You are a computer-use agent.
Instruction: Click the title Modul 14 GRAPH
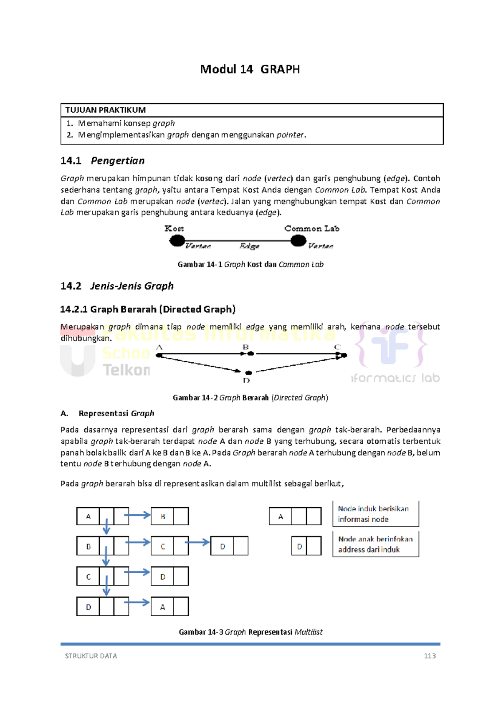coord(250,69)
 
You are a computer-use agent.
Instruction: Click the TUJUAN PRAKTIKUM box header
coord(106,110)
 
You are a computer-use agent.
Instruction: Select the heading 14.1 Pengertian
coord(103,161)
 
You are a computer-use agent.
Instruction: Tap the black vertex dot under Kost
coord(177,240)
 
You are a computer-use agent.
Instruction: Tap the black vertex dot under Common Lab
coord(298,240)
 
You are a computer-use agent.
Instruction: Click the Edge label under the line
coord(249,246)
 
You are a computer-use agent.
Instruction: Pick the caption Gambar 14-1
coord(250,264)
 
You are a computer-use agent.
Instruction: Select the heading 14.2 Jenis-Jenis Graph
coord(117,286)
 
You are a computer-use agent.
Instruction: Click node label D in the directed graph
coord(246,380)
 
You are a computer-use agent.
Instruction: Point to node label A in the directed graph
coord(159,347)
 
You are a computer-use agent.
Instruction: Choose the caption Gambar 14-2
coord(250,397)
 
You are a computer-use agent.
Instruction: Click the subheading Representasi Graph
coord(116,413)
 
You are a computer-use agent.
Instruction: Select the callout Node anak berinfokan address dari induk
coord(375,544)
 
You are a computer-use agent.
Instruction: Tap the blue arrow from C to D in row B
coord(197,542)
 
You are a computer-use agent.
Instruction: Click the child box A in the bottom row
coord(163,607)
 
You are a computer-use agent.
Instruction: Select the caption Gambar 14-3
coord(250,632)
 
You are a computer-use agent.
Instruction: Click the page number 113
coord(430,656)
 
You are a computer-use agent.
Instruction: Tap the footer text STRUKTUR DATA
coord(91,656)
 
